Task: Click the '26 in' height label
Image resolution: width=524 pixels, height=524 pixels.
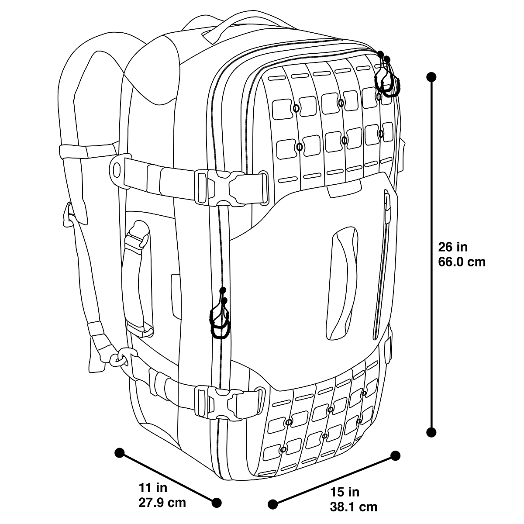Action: click(x=453, y=247)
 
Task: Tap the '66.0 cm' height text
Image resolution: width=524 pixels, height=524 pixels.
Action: click(x=462, y=262)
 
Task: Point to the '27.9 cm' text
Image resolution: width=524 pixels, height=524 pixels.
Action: click(x=162, y=503)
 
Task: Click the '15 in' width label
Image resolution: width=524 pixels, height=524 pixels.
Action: click(x=345, y=493)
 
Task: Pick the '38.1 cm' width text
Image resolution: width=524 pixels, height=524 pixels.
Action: click(x=354, y=507)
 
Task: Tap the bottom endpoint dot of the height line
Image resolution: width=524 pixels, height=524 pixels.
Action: click(x=432, y=432)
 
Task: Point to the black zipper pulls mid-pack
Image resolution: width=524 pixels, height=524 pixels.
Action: click(x=221, y=317)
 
